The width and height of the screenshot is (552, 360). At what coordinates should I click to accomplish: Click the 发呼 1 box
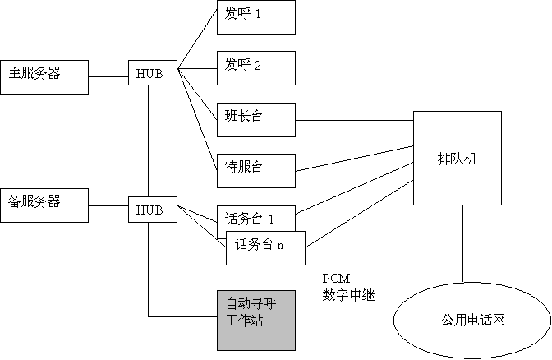tap(255, 17)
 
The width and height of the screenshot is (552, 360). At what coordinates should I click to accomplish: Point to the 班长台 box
tap(255, 119)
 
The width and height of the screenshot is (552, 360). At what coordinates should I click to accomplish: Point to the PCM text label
tap(337, 279)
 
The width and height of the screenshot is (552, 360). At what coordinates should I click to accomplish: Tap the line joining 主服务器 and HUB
tap(108, 76)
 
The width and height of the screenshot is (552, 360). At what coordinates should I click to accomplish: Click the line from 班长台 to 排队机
tap(353, 120)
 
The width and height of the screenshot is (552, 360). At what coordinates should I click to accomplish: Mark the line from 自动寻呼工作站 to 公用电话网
tap(345, 324)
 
